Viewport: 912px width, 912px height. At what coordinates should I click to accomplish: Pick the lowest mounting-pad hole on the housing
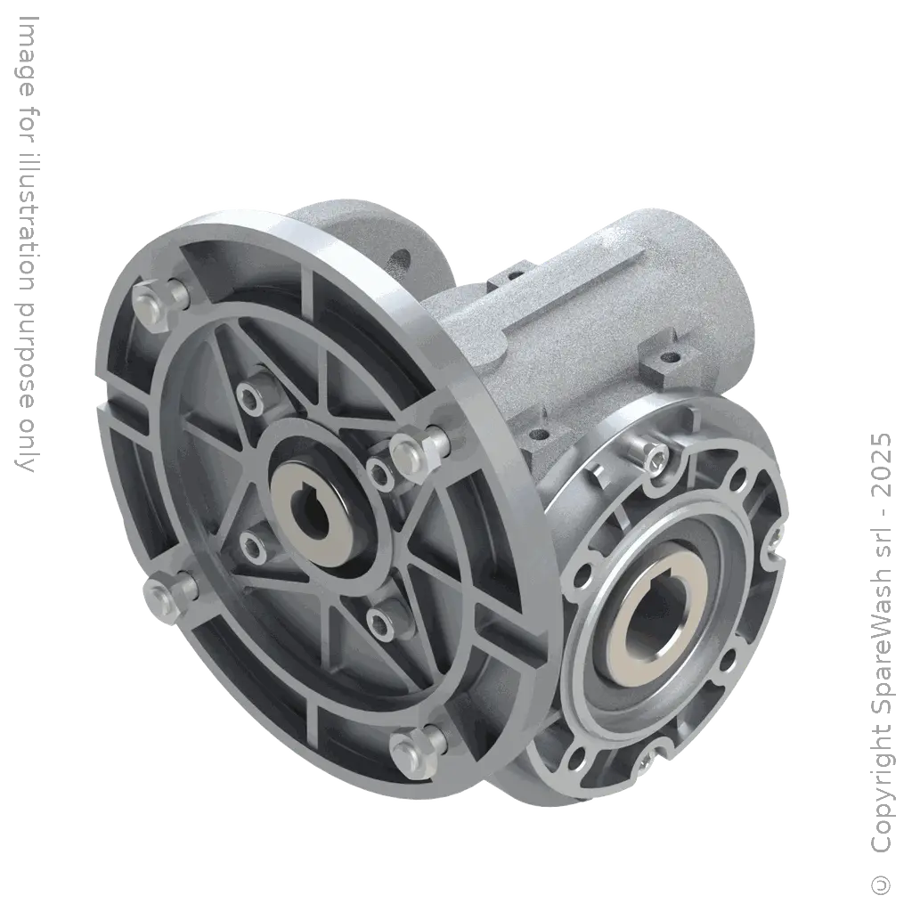(536, 437)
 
